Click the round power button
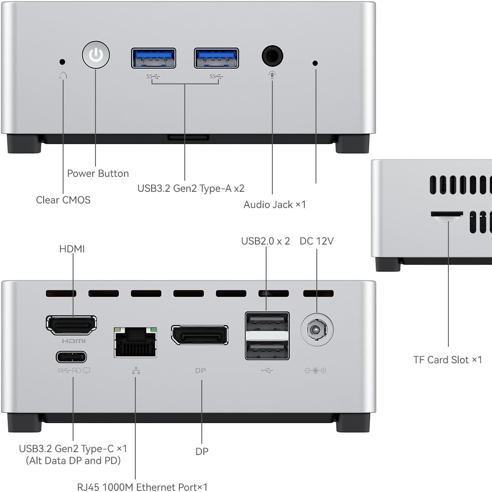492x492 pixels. point(96,54)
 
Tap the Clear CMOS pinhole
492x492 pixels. point(62,62)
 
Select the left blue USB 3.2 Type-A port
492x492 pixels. point(154,58)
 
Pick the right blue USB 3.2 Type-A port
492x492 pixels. point(216,58)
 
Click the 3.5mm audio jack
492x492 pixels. point(272,56)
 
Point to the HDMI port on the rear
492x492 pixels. point(71,325)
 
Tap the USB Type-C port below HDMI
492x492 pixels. point(71,357)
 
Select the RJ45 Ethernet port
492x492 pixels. point(135,342)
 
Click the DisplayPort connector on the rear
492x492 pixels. point(200,335)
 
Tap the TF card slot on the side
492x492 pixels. point(447,214)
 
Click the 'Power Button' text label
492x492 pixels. point(98,174)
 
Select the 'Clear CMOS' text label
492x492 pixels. point(63,200)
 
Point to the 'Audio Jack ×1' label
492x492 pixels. point(274,205)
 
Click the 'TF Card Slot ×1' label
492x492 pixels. point(448,360)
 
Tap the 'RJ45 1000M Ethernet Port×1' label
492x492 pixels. point(142,487)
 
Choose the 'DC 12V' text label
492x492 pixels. point(316,241)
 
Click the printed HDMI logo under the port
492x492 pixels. point(73,341)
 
